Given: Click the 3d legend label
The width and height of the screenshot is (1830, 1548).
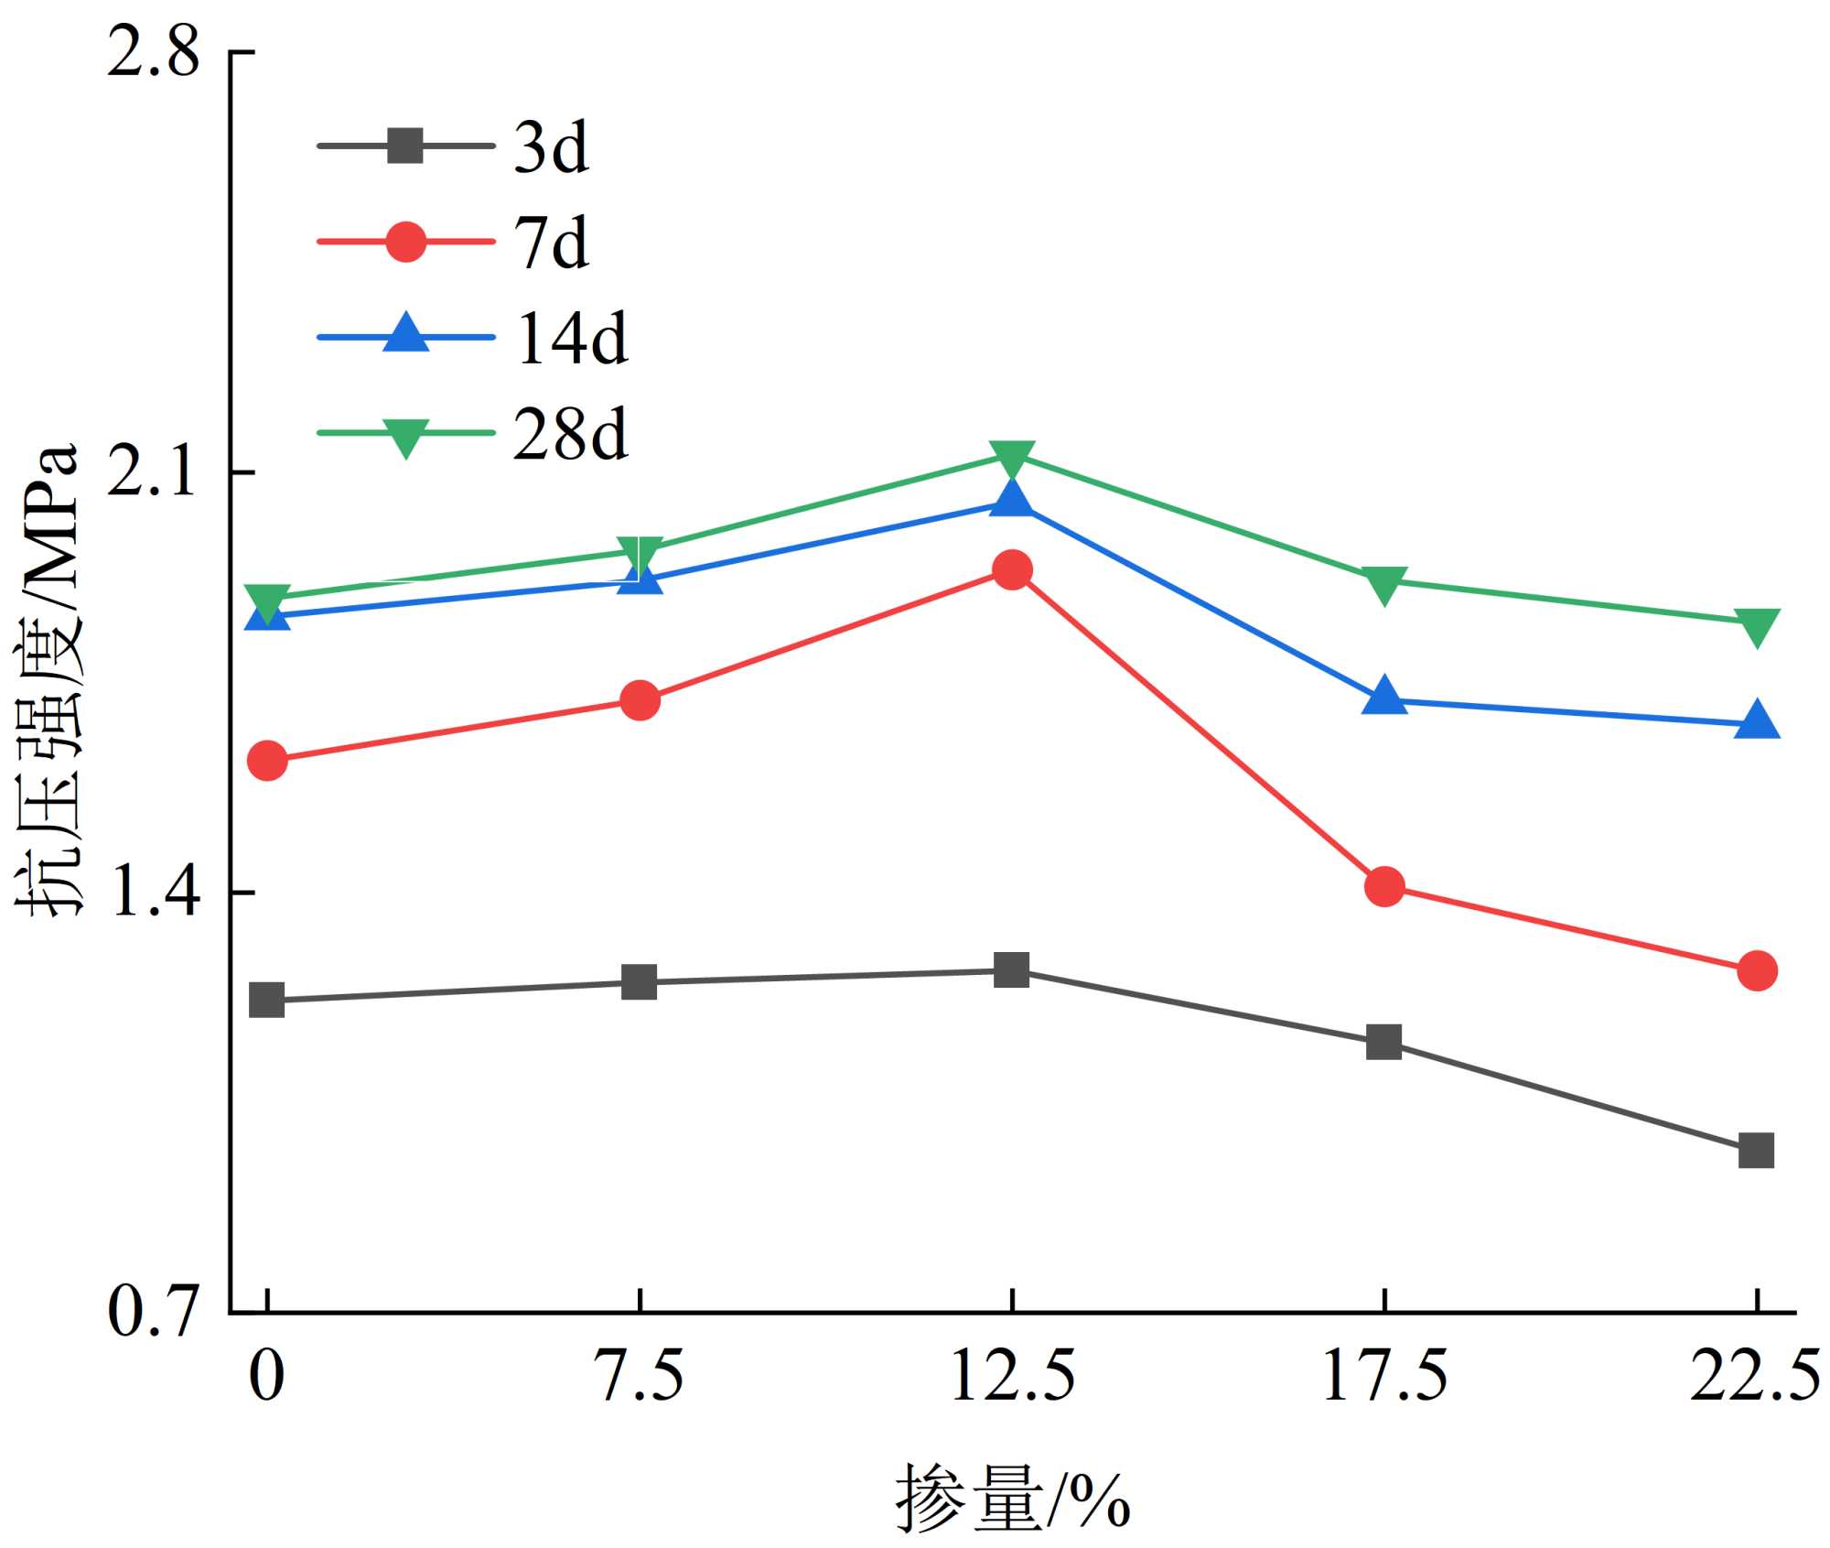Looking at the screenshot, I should pyautogui.click(x=551, y=147).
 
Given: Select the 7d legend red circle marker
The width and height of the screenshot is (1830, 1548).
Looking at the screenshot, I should pyautogui.click(x=405, y=243).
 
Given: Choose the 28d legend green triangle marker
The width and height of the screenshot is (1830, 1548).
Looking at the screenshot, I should pyautogui.click(x=405, y=436).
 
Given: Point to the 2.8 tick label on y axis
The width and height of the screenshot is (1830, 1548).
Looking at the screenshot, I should pyautogui.click(x=153, y=53).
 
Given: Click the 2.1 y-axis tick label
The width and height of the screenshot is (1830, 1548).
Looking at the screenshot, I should pyautogui.click(x=153, y=472).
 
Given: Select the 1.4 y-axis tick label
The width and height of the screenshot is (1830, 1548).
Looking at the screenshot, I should pyautogui.click(x=153, y=893).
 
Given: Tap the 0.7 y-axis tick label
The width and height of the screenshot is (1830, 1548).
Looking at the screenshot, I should pyautogui.click(x=153, y=1312).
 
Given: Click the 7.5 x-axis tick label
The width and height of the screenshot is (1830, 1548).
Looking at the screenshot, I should pyautogui.click(x=640, y=1376).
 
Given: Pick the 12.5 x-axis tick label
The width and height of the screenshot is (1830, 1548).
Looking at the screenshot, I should pyautogui.click(x=1012, y=1376).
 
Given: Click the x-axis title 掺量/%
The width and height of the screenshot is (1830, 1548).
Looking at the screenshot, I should pyautogui.click(x=1012, y=1498).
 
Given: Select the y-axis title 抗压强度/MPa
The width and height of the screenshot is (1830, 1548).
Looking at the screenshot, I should pyautogui.click(x=48, y=682).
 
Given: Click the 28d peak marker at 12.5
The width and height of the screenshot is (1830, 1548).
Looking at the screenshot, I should pyautogui.click(x=1012, y=459).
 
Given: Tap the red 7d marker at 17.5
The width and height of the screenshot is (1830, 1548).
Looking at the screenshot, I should pyautogui.click(x=1384, y=886).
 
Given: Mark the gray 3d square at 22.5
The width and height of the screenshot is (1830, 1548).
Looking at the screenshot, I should pyautogui.click(x=1756, y=1150).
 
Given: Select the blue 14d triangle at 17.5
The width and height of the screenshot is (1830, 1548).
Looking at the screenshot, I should pyautogui.click(x=1384, y=698).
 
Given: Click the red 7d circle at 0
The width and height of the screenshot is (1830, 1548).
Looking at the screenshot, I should pyautogui.click(x=267, y=760).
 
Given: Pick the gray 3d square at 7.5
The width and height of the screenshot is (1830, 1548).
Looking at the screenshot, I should pyautogui.click(x=640, y=982).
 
